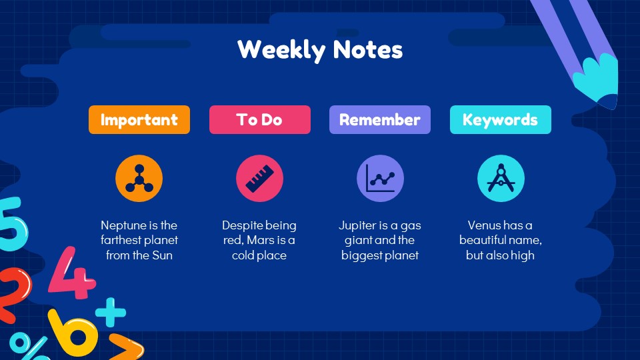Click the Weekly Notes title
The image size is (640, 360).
(320, 50)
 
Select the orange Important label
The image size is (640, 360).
(139, 120)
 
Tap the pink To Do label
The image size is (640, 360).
(259, 120)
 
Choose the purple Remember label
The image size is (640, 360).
(379, 120)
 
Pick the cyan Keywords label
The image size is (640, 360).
(500, 120)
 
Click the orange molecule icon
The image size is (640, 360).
(139, 179)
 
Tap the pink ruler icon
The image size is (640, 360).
(259, 179)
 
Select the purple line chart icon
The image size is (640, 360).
(380, 179)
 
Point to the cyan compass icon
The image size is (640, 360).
(501, 179)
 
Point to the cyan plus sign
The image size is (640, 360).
(110, 311)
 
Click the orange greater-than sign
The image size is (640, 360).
(127, 347)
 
